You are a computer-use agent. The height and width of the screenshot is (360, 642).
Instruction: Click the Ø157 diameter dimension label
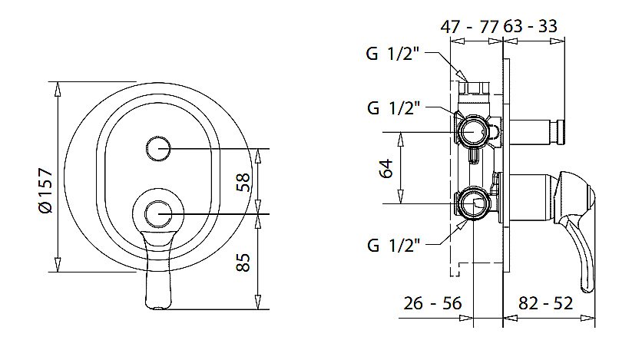point(47,190)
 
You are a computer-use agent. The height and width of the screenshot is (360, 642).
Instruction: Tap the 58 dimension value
point(243,182)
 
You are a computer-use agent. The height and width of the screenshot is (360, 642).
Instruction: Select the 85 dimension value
point(243,263)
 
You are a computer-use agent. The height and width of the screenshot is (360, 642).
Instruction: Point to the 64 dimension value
point(386,168)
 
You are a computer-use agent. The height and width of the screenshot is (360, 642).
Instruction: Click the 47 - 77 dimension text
point(469,27)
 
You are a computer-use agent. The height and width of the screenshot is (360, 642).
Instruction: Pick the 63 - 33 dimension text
point(530,26)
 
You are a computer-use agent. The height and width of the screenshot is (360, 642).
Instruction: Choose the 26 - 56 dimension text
point(432,303)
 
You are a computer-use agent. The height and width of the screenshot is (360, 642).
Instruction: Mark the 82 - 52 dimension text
point(545,303)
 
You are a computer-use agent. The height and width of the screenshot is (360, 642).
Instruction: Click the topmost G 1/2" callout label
point(393,54)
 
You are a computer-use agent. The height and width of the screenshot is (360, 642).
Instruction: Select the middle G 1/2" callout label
point(394,108)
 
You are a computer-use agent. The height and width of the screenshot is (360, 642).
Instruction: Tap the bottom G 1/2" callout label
point(394,245)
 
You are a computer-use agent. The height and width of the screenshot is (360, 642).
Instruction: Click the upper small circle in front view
point(158,148)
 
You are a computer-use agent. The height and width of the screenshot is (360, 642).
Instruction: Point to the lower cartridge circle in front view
point(158,214)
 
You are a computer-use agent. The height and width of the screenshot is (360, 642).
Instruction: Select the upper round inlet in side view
point(473,132)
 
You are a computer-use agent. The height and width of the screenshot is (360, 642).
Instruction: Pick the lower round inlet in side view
point(473,203)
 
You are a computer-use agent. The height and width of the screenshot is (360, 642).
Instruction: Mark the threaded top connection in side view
point(474,88)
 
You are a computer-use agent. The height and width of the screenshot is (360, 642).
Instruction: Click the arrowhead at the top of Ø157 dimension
point(58,89)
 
